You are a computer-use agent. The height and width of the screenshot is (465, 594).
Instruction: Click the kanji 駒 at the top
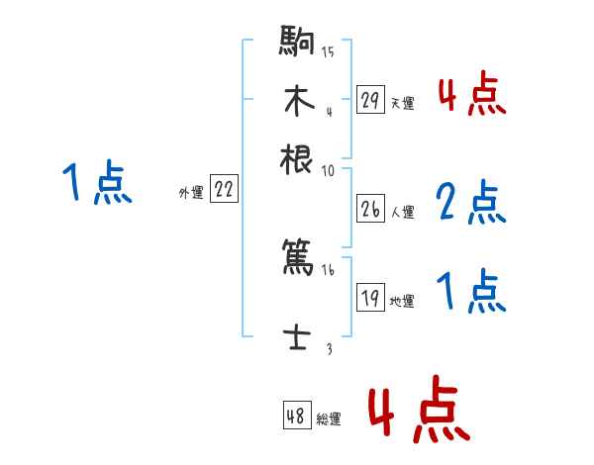pos(298,46)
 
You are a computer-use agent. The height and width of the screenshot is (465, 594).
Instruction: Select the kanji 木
pos(298,101)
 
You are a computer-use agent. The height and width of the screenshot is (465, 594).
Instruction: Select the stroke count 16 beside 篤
pos(328,270)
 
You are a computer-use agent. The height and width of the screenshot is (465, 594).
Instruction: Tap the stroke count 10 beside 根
pos(328,170)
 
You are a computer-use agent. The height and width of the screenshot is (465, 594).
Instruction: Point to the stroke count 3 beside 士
pos(329,348)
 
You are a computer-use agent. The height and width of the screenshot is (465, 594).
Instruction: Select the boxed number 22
pos(225,191)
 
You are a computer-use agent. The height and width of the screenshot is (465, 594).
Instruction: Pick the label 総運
pos(329,418)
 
